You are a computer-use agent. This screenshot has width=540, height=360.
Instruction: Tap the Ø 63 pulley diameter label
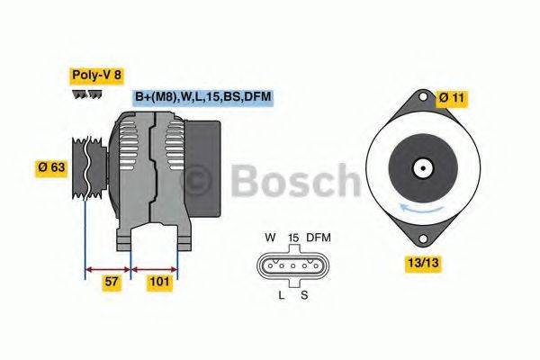[x=50, y=166]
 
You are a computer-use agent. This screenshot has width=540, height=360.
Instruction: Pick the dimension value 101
[x=158, y=282]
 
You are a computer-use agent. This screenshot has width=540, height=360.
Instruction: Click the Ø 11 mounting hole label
[x=453, y=96]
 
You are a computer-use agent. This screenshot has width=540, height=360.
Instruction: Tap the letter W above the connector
[x=269, y=238]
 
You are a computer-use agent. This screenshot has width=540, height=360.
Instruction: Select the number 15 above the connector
[x=292, y=238]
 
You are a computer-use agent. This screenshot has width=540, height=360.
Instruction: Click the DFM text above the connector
[x=319, y=238]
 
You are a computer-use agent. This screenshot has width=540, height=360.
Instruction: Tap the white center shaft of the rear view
[x=420, y=167]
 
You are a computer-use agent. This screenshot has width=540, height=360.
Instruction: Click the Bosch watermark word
[x=297, y=180]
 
